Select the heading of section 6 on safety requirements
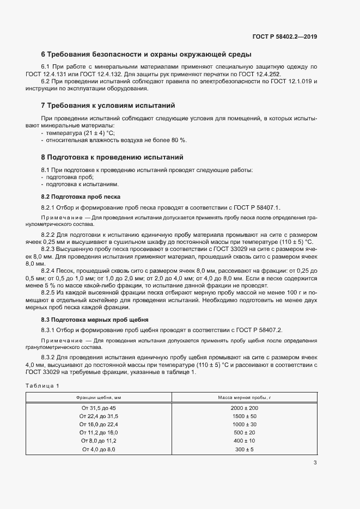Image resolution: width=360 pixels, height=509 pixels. pyautogui.click(x=146, y=55)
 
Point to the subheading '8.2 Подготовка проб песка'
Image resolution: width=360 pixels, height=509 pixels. pyautogui.click(x=81, y=196)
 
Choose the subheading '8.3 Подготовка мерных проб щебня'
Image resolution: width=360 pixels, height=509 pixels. pyautogui.click(x=91, y=319)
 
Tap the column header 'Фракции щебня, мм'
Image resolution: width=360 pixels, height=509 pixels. pyautogui.click(x=99, y=398)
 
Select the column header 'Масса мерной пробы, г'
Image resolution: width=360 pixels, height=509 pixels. pyautogui.click(x=244, y=398)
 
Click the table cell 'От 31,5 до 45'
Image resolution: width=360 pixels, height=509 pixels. pyautogui.click(x=99, y=408)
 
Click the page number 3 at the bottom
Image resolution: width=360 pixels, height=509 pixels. pyautogui.click(x=315, y=463)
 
